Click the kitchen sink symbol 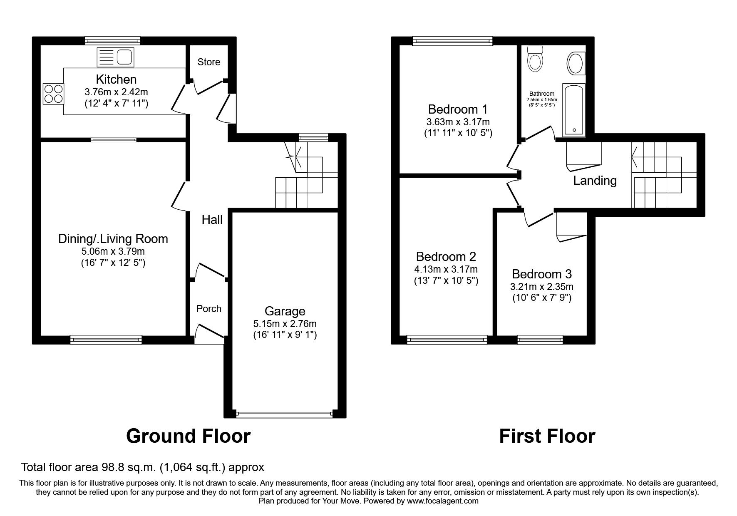[116, 57]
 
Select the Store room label [208, 62]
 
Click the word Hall [212, 220]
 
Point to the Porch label [209, 309]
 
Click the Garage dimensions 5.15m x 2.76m [285, 323]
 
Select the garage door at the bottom [285, 414]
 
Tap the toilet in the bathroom [535, 59]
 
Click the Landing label [595, 181]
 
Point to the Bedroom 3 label [541, 274]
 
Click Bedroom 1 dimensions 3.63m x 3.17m [458, 122]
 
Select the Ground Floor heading [188, 436]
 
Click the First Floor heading [547, 436]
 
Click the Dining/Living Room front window [106, 340]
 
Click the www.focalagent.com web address [443, 501]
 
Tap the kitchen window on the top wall [112, 40]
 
